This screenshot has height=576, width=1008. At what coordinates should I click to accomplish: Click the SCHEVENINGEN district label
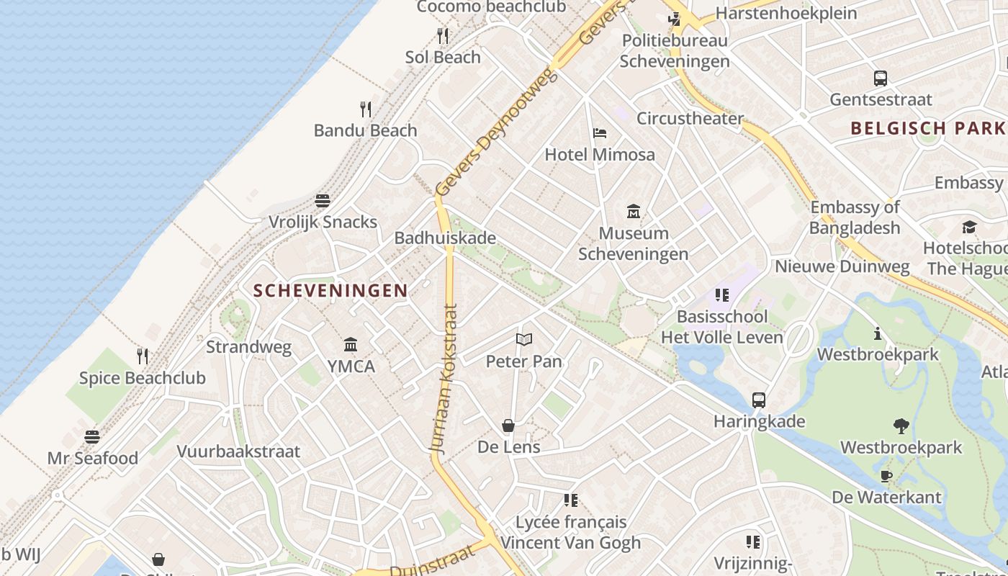point(330,291)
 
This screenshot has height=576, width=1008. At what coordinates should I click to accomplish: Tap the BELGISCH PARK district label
point(927,129)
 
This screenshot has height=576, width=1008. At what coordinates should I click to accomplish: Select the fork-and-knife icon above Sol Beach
point(443,35)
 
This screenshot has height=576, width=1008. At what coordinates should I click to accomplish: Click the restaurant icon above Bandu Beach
point(366,109)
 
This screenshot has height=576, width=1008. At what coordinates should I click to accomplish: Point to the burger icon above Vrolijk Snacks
point(323,200)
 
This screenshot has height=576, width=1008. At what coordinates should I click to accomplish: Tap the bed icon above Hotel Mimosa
point(600,133)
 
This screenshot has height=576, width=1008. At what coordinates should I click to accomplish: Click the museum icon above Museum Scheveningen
point(634,212)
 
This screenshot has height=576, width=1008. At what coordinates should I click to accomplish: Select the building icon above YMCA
point(351,344)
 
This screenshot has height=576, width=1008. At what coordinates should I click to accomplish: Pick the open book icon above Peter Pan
point(524,339)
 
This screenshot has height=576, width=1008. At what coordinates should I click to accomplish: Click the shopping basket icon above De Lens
point(508,426)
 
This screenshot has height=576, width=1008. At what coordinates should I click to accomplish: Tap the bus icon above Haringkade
point(759,400)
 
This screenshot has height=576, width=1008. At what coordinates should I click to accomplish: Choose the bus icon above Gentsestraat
point(880,78)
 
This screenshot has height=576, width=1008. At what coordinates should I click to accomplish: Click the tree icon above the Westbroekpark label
point(901,426)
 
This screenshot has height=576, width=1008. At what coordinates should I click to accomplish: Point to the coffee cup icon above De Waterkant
point(886,476)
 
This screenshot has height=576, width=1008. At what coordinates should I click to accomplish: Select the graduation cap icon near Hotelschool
point(969,228)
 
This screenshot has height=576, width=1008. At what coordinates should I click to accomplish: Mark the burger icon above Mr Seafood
point(92,436)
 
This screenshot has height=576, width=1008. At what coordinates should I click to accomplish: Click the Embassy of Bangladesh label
point(855,217)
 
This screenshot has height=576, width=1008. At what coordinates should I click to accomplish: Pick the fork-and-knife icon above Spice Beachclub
point(143,356)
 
